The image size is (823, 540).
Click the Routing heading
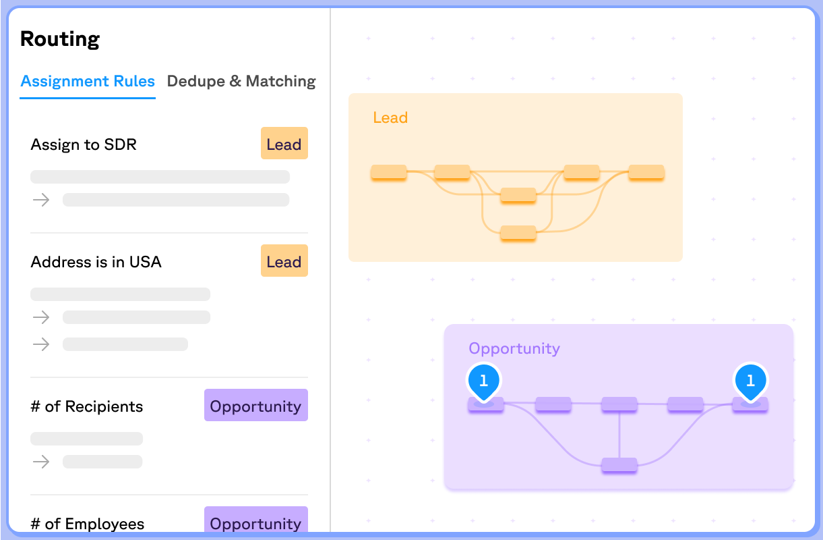pyautogui.click(x=60, y=39)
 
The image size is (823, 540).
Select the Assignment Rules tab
pyautogui.click(x=88, y=82)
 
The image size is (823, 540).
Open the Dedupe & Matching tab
pyautogui.click(x=241, y=82)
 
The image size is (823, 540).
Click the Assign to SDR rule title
pyautogui.click(x=84, y=144)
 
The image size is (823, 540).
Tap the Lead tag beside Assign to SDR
pyautogui.click(x=284, y=144)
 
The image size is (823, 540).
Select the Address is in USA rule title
pyautogui.click(x=96, y=262)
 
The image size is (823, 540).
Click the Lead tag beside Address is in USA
pyautogui.click(x=284, y=261)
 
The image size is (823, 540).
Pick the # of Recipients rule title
pyautogui.click(x=87, y=406)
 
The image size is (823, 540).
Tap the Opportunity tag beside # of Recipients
pyautogui.click(x=255, y=406)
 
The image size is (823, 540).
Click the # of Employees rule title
pyautogui.click(x=88, y=524)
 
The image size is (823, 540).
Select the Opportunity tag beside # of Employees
pyautogui.click(x=255, y=523)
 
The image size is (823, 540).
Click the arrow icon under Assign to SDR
pyautogui.click(x=42, y=200)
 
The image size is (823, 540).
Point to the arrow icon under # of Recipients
pyautogui.click(x=42, y=462)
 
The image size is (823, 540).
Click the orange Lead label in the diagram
pyautogui.click(x=390, y=118)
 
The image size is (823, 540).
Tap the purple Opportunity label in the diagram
pyautogui.click(x=514, y=349)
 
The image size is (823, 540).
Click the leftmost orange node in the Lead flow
pyautogui.click(x=389, y=172)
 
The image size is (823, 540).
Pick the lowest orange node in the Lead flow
pyautogui.click(x=518, y=233)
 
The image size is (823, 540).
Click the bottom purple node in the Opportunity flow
pyautogui.click(x=619, y=465)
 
